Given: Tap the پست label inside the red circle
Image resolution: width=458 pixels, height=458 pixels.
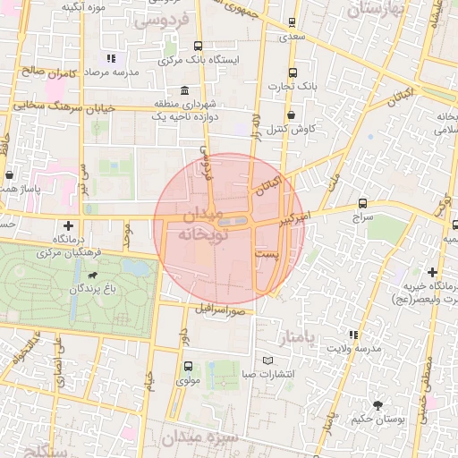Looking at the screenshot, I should coord(267,255).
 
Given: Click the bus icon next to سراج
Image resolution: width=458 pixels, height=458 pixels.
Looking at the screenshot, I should coord(362,203).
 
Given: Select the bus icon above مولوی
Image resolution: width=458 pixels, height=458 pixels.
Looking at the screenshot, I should coord(188,365).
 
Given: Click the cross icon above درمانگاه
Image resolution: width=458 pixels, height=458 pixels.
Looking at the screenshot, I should coord(69,225).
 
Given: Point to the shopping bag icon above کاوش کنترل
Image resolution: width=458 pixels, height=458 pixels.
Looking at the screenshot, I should coord(293,114).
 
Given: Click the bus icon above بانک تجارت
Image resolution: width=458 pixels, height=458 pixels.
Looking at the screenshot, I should coord(293,72).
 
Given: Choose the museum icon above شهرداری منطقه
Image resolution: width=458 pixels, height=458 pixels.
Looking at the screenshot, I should coord(184,90).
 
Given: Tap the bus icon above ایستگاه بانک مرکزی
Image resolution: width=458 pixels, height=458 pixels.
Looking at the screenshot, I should coord(198,46).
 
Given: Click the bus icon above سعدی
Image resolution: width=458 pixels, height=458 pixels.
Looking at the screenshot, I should coord(293,24).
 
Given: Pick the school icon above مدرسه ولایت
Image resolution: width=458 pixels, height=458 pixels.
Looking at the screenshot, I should coord(354,334).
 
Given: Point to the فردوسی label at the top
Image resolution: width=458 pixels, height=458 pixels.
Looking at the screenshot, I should coord(161,19).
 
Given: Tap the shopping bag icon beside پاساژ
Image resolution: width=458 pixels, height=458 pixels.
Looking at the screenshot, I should coord(9,174).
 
